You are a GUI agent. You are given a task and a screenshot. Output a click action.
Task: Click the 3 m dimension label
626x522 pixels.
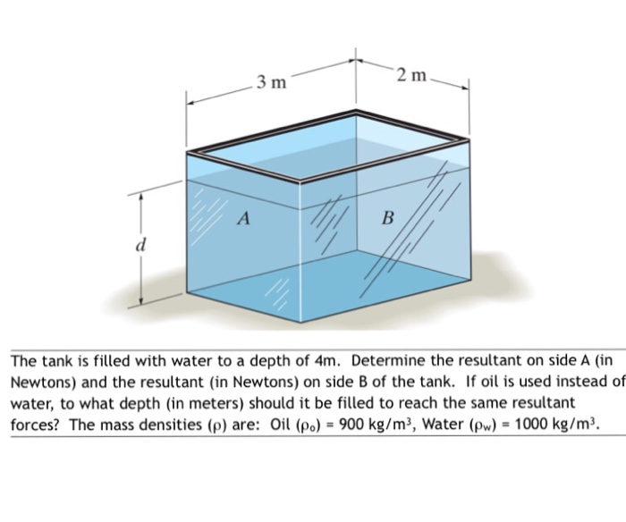(x=270, y=83)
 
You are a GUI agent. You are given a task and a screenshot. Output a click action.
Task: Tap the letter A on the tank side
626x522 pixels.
(x=243, y=217)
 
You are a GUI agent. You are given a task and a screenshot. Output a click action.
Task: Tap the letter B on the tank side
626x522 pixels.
(x=387, y=218)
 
